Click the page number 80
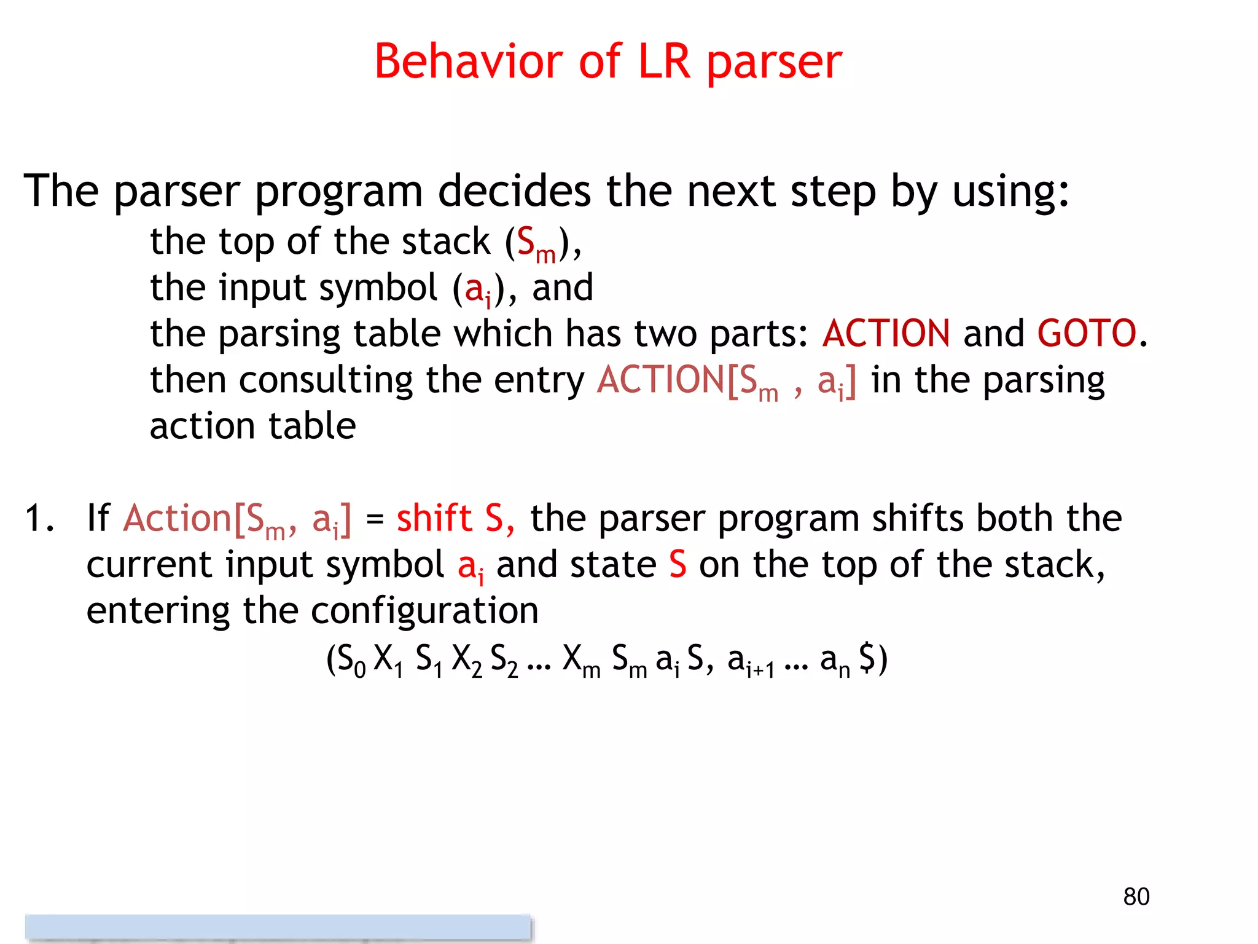(1136, 897)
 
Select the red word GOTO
(1087, 333)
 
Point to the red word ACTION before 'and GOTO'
(886, 333)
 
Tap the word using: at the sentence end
(1010, 192)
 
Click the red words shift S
(455, 517)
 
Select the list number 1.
(39, 517)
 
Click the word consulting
(326, 380)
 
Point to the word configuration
(424, 611)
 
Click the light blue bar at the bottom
(278, 927)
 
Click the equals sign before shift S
(374, 519)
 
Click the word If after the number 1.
(98, 517)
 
